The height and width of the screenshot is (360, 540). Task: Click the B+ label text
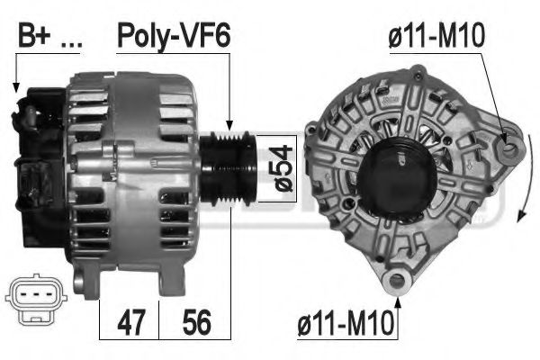[35, 35]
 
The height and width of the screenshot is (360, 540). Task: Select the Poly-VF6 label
[174, 36]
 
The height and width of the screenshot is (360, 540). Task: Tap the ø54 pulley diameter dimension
[283, 168]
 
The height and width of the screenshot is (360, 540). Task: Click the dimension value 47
[131, 322]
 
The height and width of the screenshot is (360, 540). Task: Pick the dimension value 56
[196, 322]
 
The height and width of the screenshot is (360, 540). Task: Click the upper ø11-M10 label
[436, 36]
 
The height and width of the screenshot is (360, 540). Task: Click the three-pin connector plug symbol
[36, 299]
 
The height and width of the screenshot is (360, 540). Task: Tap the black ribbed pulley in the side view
[228, 168]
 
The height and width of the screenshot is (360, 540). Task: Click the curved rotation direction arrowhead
[522, 215]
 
